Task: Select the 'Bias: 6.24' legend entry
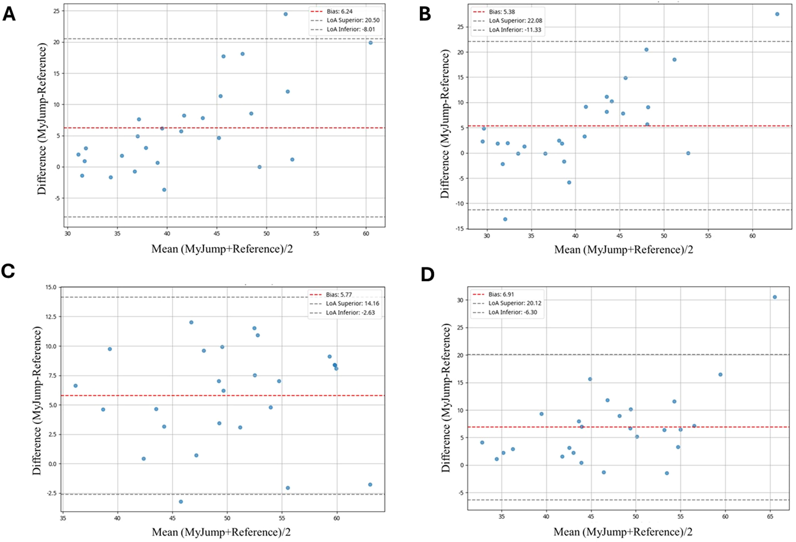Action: click(x=339, y=11)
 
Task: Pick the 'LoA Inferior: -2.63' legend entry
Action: click(x=350, y=312)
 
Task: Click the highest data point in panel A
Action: click(x=285, y=14)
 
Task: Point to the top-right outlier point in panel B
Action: click(x=777, y=14)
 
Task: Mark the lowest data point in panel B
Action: click(x=505, y=219)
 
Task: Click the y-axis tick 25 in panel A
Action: click(x=56, y=11)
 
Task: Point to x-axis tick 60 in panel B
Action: click(x=752, y=236)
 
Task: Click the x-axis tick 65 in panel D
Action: click(x=770, y=517)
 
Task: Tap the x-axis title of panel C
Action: click(x=221, y=532)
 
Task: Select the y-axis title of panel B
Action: click(x=445, y=124)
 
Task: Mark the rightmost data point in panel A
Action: click(x=370, y=43)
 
